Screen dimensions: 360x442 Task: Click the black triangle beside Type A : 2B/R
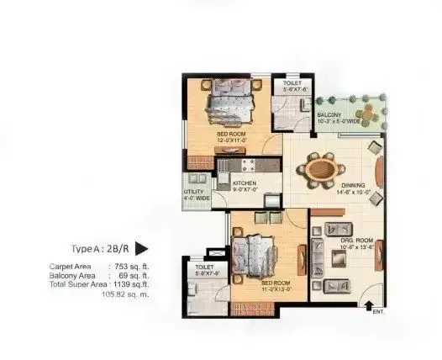pos(142,248)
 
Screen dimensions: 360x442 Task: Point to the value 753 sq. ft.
pos(129,266)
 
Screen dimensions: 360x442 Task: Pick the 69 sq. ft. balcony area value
pos(132,275)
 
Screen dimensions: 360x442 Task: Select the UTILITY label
pos(193,192)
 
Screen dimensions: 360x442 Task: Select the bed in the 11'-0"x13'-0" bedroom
pos(253,254)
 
